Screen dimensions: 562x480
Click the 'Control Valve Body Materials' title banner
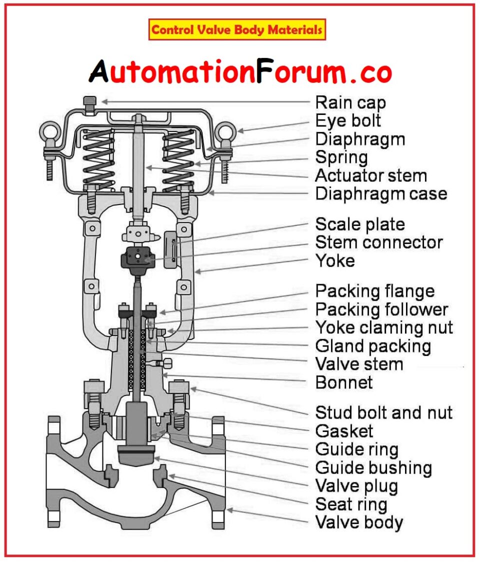coord(237,30)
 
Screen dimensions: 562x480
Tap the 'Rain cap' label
coord(350,102)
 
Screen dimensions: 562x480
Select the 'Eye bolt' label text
coord(348,120)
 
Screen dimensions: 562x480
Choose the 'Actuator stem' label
coord(371,175)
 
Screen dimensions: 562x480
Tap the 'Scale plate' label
coord(360,224)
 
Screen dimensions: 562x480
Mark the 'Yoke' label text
coord(335,260)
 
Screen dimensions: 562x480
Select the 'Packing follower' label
coord(381,309)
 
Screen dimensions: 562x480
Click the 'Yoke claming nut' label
coord(384,327)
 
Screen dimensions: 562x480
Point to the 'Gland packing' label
coord(373,346)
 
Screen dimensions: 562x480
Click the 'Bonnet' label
coord(344,382)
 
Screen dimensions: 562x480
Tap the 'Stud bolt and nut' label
coord(383,412)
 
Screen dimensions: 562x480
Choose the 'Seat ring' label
coord(351,504)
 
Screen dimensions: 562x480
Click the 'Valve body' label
coord(359,522)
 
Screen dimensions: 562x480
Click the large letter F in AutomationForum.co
coord(265,73)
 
